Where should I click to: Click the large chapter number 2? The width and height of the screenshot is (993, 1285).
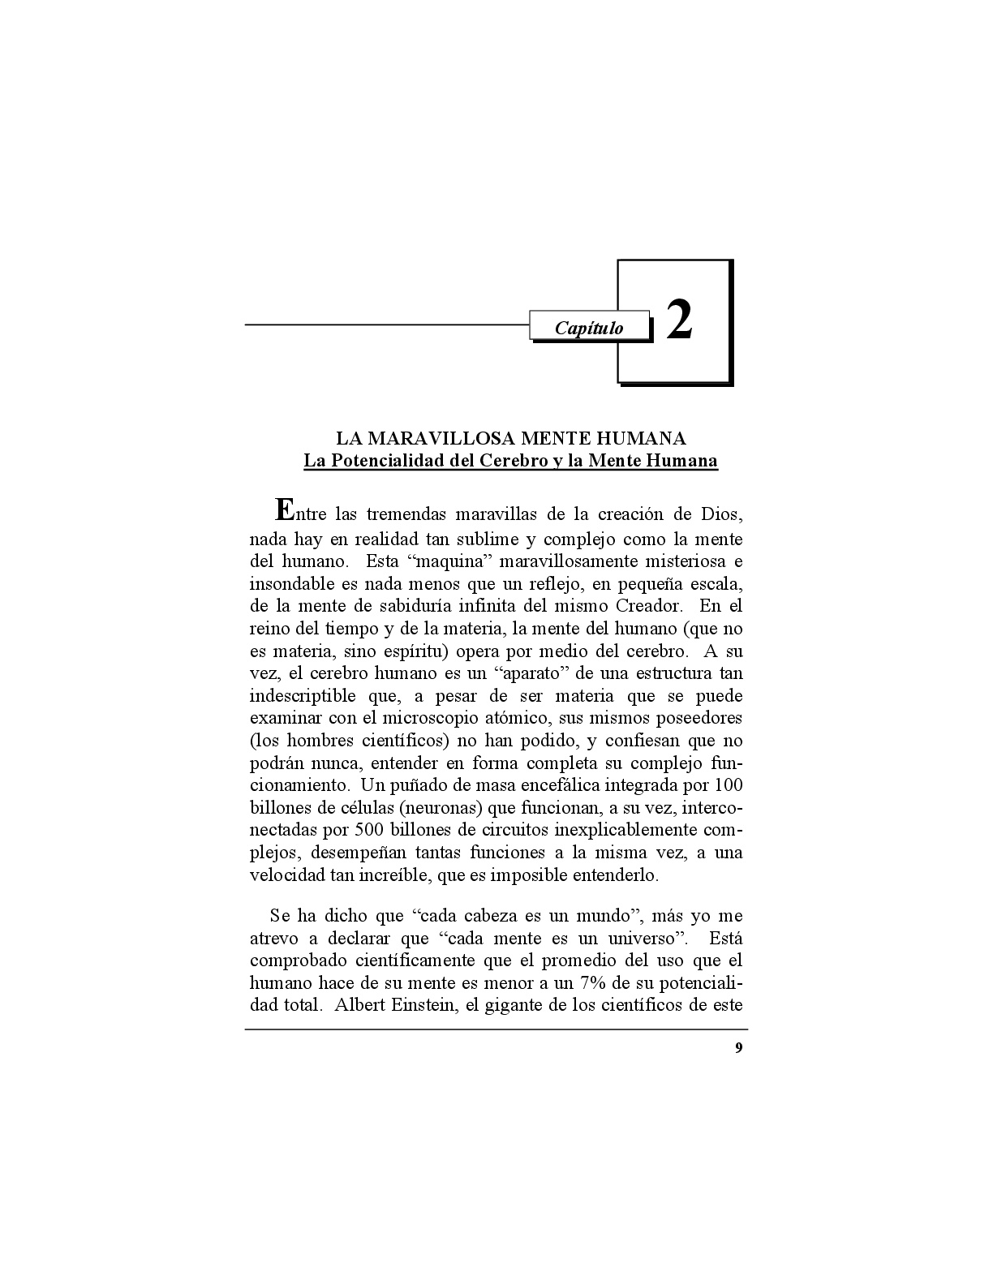679,320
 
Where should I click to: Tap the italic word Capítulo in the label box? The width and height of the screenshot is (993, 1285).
589,328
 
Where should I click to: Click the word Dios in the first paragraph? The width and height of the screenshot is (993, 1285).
721,514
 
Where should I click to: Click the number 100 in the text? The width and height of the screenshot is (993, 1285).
728,785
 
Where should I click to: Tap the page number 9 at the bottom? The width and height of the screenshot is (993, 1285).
737,1047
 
